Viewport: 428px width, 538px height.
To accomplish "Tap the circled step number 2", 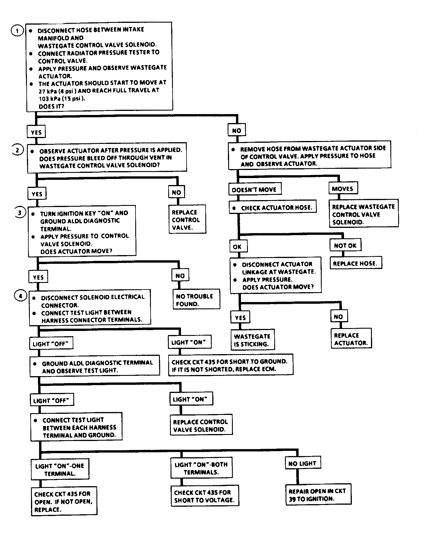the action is (18, 150).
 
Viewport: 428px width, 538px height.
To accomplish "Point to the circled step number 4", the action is (20, 296).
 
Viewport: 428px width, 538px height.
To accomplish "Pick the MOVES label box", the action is (343, 189).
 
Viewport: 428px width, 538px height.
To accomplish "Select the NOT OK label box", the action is (345, 246).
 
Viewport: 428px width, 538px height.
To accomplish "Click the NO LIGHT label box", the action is (302, 463).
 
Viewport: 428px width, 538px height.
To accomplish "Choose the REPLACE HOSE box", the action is (356, 263).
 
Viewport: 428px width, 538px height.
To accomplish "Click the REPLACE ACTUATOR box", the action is (351, 338).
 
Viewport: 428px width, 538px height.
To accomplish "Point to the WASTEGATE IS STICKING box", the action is (253, 340).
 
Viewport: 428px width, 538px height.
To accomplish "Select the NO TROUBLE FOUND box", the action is (196, 299).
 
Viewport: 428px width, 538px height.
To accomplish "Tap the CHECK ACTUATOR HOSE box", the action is (272, 208).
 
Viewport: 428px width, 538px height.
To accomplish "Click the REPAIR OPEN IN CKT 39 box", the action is (318, 495).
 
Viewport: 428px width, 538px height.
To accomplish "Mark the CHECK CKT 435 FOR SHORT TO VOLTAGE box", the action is (205, 495).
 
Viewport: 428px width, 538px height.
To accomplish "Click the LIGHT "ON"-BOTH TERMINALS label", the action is (201, 468).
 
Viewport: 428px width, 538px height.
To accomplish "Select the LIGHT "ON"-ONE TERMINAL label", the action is (60, 469).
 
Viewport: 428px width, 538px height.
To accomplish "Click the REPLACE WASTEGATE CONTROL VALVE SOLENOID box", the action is (364, 213).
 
